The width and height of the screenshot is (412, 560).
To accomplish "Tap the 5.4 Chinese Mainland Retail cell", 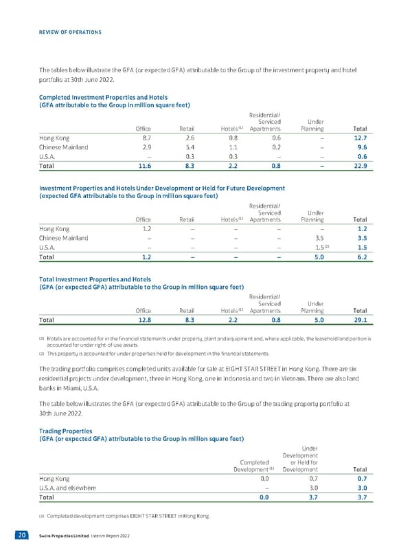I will [187, 147].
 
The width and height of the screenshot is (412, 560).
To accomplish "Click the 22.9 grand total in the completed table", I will [362, 166].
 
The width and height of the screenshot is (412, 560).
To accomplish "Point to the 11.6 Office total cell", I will [144, 166].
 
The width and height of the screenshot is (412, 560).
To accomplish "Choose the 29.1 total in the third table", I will [362, 320].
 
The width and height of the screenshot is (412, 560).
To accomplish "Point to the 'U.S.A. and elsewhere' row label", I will [68, 488].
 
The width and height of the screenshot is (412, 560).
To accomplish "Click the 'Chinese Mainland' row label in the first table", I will [64, 147].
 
